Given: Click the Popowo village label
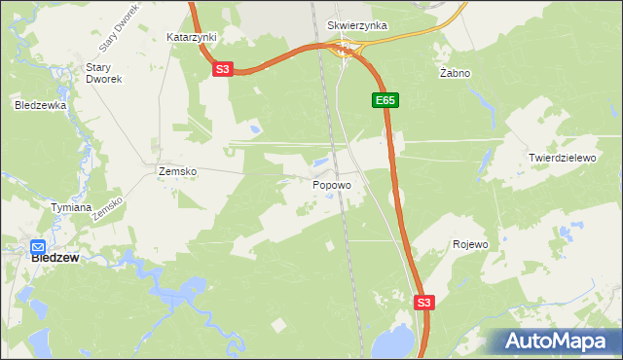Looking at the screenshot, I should [332, 183].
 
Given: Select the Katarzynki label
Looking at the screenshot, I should [192, 37].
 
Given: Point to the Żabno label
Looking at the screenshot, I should [455, 73].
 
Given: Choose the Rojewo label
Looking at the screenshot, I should [470, 244].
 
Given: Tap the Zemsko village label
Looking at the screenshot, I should [177, 171].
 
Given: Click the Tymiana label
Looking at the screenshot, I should [71, 207].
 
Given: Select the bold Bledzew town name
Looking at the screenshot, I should [55, 259].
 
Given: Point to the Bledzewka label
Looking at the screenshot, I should [40, 104].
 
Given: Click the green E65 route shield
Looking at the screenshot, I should [385, 100].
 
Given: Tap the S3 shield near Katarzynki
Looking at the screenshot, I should [223, 69].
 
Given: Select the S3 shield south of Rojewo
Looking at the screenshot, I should [423, 303].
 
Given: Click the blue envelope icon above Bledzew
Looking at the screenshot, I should [39, 247].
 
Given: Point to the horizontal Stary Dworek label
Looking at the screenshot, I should [102, 73].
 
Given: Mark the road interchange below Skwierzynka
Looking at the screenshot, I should [346, 49].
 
